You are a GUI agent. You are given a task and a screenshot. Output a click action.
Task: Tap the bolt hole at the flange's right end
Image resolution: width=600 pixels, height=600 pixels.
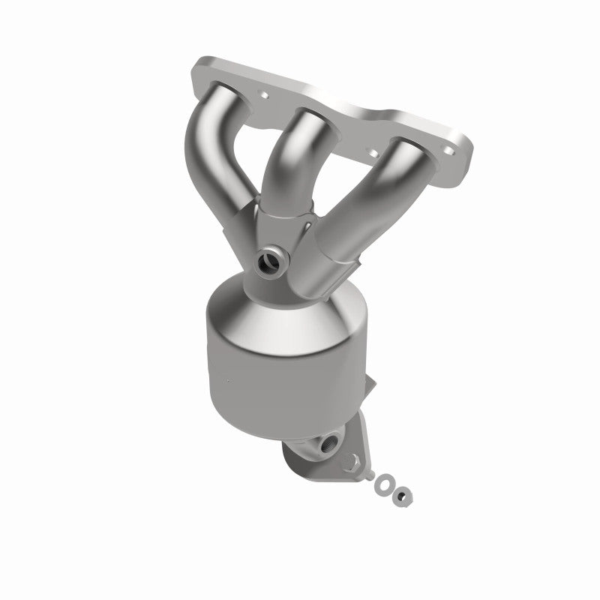(449, 152)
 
